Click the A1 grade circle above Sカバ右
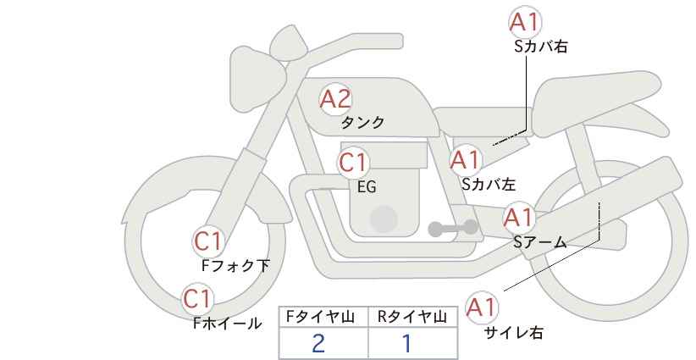[x=525, y=22]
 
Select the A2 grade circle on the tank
[x=335, y=99]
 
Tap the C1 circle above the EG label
[x=354, y=163]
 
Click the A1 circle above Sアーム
[x=518, y=218]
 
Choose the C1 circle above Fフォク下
[x=207, y=241]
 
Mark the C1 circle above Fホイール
[x=198, y=298]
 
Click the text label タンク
[x=362, y=123]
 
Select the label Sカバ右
[x=540, y=47]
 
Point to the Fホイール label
[x=227, y=323]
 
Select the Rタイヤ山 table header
[x=412, y=317]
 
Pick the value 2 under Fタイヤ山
[x=318, y=343]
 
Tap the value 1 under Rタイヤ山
[x=406, y=343]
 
